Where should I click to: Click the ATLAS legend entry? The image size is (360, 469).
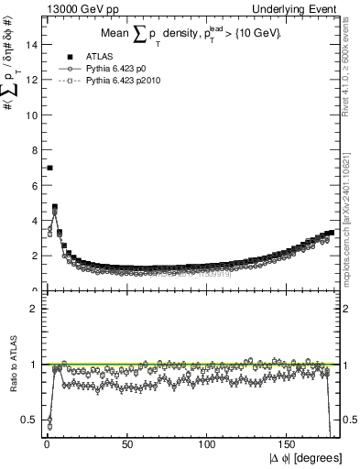[x=96, y=56]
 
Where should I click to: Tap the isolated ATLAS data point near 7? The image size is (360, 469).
[x=49, y=168]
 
